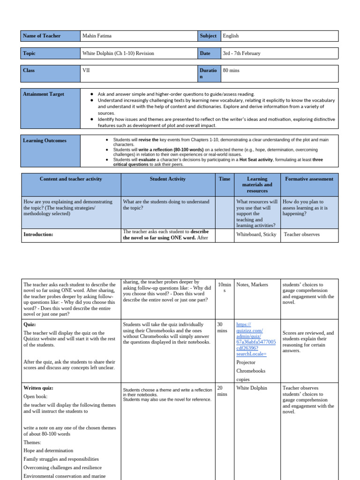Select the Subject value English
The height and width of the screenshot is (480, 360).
point(231,36)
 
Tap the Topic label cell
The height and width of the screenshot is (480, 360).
point(30,53)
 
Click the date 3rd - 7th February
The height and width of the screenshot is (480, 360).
point(241,53)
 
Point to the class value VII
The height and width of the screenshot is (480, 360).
point(86,71)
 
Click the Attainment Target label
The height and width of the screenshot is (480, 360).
point(44,94)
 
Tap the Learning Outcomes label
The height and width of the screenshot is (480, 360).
point(45,141)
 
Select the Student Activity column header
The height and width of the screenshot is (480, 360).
point(168,179)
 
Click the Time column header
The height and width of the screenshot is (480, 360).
point(225,179)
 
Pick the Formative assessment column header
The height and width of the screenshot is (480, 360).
point(309,179)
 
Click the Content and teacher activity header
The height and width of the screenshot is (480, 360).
point(71,179)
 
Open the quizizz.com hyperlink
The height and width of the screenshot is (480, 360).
point(256,339)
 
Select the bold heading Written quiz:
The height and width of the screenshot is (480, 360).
point(38,388)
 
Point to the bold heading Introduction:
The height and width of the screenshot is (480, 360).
point(38,234)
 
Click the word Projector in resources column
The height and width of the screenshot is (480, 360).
point(246,362)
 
